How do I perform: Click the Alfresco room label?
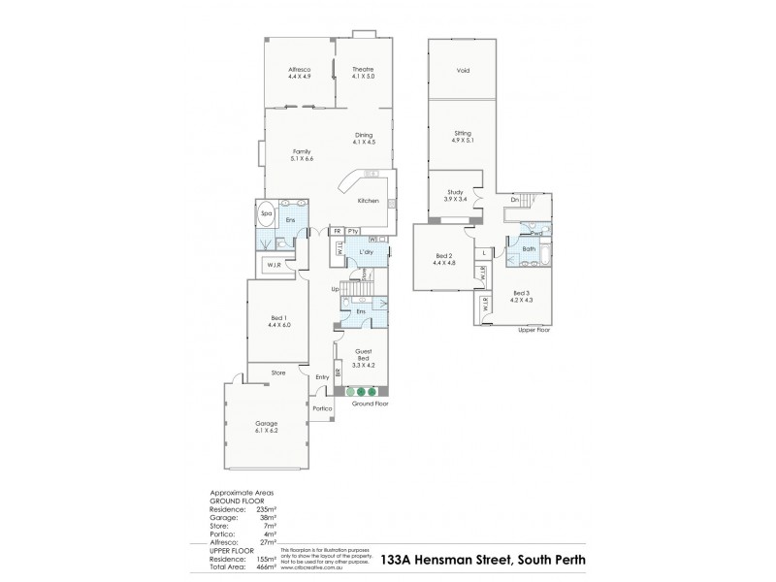[298, 72]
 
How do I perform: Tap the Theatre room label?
[363, 72]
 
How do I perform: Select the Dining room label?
[363, 139]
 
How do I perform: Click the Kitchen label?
[368, 201]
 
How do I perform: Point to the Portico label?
[323, 408]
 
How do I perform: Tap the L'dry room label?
[367, 252]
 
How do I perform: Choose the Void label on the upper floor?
[464, 71]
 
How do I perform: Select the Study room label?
[456, 195]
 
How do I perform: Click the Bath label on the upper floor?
[529, 249]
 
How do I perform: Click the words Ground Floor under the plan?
[371, 403]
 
